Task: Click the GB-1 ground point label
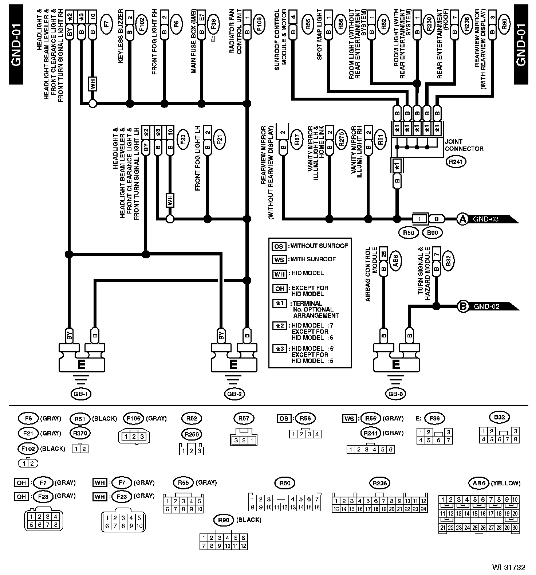point(81,394)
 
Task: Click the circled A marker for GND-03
point(462,219)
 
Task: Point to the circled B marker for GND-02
point(463,306)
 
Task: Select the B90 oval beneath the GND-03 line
point(433,232)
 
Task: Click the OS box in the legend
point(279,246)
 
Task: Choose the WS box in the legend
point(279,260)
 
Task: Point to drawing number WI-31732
point(509,567)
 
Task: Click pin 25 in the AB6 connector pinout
point(475,528)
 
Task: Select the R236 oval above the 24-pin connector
point(380,483)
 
